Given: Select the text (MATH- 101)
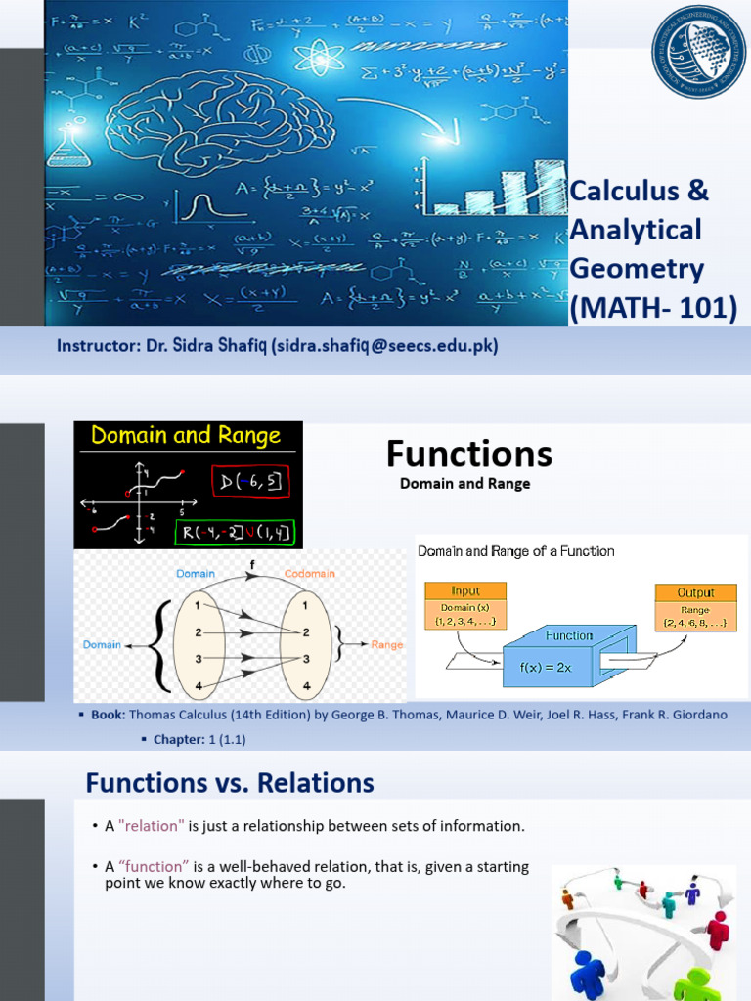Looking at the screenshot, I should click(653, 307).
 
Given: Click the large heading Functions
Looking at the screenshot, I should click(468, 454).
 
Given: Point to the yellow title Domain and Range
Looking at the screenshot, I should click(186, 436).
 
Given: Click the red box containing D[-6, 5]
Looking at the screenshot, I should click(250, 482).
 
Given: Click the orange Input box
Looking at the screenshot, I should click(465, 591).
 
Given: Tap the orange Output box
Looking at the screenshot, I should click(695, 592).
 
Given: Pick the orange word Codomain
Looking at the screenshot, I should click(311, 574).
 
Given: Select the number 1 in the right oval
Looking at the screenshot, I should click(306, 605).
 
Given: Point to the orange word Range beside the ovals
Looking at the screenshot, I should click(387, 645).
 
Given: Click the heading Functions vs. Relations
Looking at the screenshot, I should click(230, 782).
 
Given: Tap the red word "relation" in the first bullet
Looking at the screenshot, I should click(152, 826).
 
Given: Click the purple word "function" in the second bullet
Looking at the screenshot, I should click(153, 866).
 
